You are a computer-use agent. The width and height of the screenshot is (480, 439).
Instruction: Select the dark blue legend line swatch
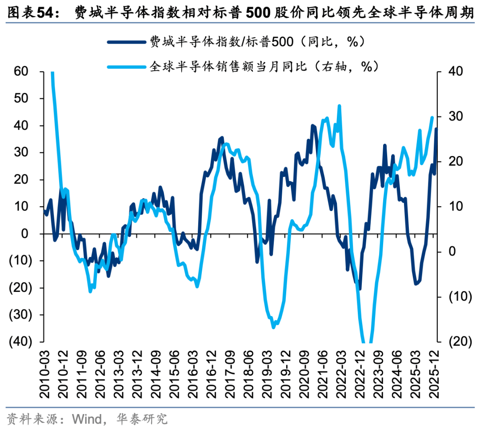click(126, 42)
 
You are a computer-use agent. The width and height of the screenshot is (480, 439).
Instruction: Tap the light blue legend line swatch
click(126, 67)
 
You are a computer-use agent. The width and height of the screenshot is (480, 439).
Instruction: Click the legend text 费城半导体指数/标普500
click(222, 42)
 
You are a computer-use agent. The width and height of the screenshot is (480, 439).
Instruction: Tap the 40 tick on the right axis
click(455, 72)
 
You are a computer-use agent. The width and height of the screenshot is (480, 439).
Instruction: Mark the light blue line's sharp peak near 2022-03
click(340, 106)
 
